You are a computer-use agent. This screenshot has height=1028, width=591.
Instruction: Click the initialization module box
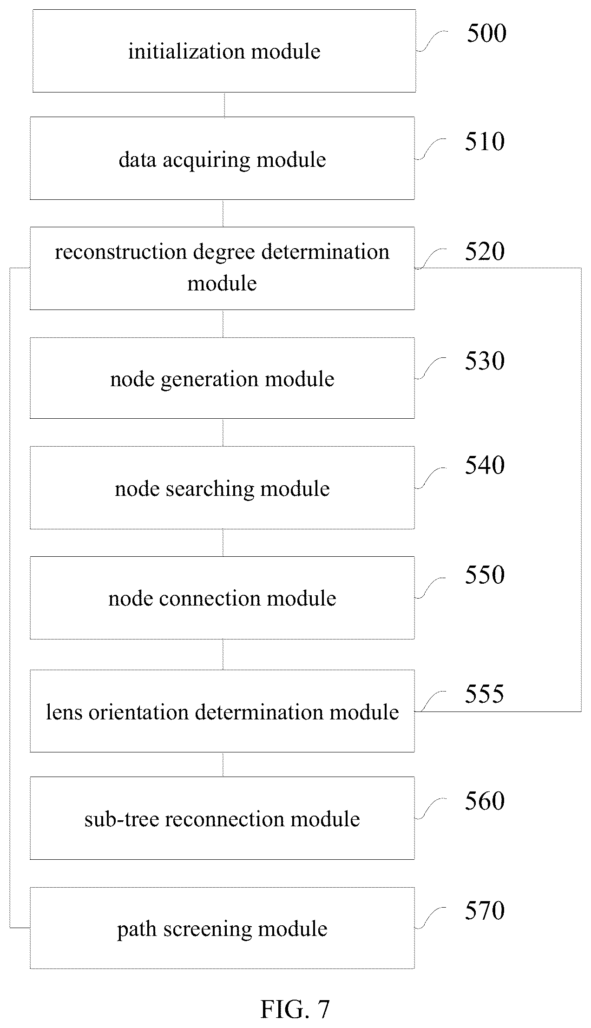coord(224,51)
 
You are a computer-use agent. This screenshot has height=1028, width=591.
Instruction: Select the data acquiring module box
coord(222,158)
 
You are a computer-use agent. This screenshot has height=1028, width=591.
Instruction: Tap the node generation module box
coord(222,378)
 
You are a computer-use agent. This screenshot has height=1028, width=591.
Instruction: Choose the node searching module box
coord(222,488)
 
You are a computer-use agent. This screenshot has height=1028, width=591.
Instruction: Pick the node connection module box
coord(222,598)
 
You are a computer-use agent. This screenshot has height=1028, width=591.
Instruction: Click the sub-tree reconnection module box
coord(222,818)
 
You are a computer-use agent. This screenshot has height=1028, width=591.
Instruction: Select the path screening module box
coord(222,928)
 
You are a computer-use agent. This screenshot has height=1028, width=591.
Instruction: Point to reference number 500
coord(486,33)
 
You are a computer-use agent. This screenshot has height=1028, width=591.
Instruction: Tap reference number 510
coord(485,141)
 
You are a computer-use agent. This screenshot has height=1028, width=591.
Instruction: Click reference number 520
coord(485,251)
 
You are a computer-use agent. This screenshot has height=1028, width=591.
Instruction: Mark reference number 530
coord(485,361)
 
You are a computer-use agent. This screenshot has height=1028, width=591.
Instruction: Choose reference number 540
coord(485,465)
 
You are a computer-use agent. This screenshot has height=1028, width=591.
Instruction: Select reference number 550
coord(485,575)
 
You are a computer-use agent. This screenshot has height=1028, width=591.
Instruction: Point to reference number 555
coord(485,694)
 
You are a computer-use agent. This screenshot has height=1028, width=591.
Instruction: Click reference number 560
coord(485,801)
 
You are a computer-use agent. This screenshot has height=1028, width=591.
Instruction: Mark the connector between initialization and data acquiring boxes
coord(224,105)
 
